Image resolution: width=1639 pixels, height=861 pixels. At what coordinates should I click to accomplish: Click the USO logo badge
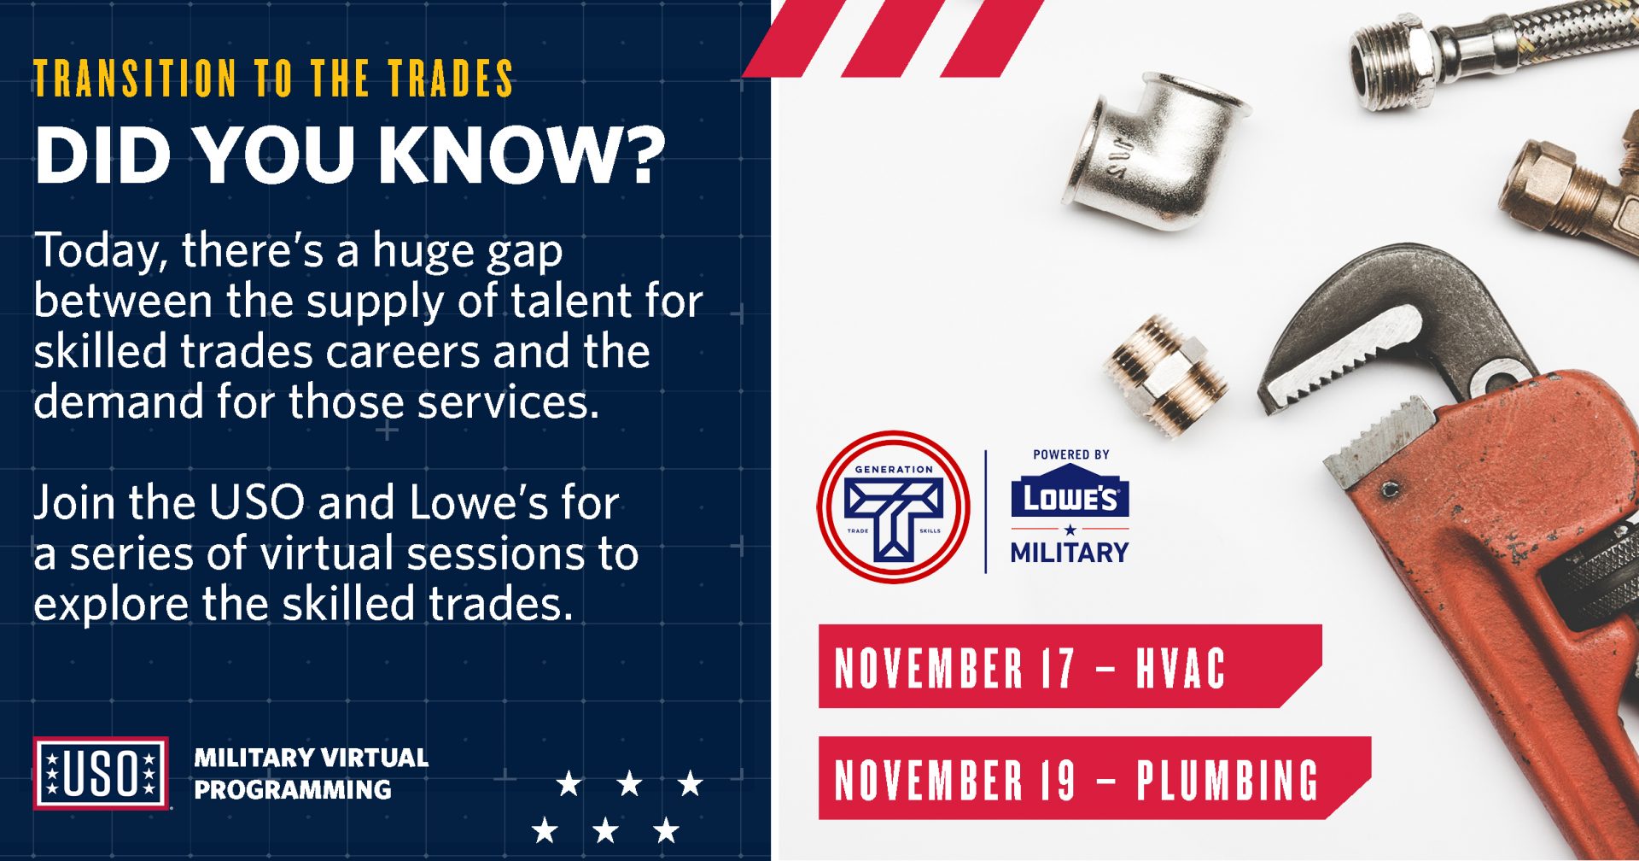tap(101, 773)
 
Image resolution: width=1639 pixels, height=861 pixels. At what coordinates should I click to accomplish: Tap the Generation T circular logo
tap(893, 507)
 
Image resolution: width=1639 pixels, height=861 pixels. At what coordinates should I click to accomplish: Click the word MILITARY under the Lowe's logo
tap(1070, 553)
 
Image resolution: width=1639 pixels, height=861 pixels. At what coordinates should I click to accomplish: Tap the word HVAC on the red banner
tap(1181, 668)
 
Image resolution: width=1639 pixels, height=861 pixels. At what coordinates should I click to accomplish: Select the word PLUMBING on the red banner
tap(1227, 779)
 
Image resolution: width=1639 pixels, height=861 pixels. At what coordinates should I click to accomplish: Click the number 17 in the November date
tap(1058, 668)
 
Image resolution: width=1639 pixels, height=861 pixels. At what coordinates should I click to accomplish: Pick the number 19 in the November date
tap(1058, 779)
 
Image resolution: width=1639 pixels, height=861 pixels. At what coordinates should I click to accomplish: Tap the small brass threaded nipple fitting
tap(1166, 372)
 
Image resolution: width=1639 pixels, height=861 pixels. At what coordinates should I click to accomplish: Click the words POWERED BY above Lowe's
tap(1070, 454)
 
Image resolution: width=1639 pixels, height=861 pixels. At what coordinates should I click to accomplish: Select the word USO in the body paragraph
tap(256, 503)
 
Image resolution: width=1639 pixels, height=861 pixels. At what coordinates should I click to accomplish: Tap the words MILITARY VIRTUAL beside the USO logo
tap(311, 758)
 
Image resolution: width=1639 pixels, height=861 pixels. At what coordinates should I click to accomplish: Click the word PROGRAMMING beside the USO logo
tap(293, 790)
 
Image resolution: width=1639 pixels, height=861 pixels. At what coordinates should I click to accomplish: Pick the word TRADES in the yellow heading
tap(451, 79)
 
